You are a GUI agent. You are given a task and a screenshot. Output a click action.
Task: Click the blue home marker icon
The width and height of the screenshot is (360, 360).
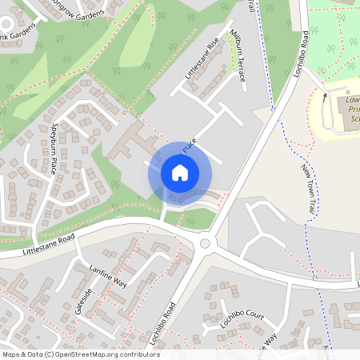179,173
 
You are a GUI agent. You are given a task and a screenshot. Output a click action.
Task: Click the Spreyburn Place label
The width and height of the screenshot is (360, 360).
50,148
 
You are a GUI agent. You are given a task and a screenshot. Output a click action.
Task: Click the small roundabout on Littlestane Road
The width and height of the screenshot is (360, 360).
205,244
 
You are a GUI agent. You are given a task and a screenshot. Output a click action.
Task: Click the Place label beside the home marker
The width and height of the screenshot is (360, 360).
189,145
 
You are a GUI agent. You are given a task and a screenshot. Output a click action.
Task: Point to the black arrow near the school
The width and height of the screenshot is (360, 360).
324,95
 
